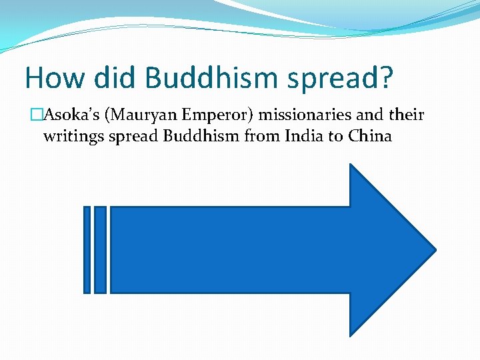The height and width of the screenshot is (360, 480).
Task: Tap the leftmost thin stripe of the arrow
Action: click(87, 250)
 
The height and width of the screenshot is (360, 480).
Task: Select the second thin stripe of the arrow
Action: click(100, 250)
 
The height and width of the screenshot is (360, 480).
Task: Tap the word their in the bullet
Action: click(407, 115)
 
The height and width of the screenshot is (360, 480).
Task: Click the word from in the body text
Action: click(257, 137)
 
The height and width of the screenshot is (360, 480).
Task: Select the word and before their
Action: click(371, 115)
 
